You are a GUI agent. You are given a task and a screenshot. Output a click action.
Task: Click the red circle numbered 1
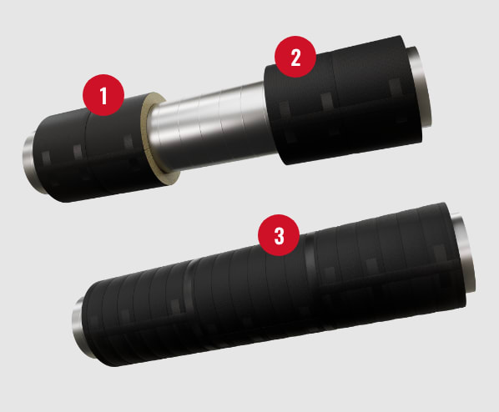[x=103, y=95]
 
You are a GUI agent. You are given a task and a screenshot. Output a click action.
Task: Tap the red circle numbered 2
[x=295, y=57]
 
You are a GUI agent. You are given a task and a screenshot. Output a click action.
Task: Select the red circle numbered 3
[x=279, y=235]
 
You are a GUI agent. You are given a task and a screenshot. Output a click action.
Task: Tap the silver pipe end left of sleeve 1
[x=31, y=163]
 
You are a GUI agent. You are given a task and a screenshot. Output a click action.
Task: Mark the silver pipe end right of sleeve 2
[x=421, y=85]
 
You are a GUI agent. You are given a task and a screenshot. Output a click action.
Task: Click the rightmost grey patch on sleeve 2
[x=396, y=86]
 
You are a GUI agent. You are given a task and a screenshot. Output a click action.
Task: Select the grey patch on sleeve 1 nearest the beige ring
[x=129, y=141]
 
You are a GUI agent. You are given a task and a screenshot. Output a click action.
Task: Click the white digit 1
[x=103, y=95]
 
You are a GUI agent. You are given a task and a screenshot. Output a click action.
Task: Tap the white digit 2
[x=295, y=58]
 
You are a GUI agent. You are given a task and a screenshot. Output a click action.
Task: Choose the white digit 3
[x=279, y=236]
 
